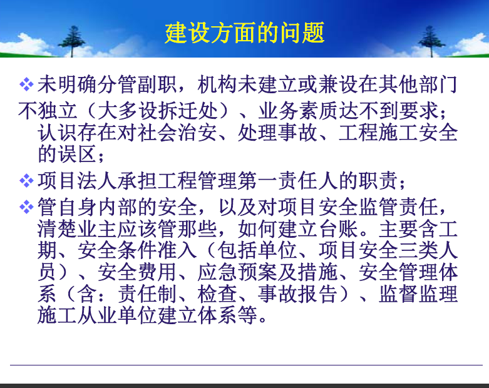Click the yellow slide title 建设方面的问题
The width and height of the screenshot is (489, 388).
[x=245, y=33]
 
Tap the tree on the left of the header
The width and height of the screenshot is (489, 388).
[x=72, y=41]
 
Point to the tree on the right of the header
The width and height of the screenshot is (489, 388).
[x=431, y=41]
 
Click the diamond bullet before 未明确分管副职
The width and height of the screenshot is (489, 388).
[x=26, y=84]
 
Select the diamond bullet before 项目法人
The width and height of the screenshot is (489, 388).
[x=26, y=181]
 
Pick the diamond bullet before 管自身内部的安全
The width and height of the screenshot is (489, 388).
[x=26, y=207]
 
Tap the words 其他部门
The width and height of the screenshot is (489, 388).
[x=417, y=84]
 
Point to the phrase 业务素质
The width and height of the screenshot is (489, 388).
[x=298, y=111]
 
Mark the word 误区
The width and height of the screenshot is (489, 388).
[x=78, y=154]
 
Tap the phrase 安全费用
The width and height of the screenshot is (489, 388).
[x=138, y=272]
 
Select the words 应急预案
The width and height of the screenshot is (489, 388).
[x=237, y=272]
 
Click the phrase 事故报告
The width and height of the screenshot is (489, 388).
[x=298, y=294]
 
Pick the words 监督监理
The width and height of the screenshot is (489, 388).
[x=418, y=294]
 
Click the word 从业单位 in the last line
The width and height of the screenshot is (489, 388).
[x=118, y=315]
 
